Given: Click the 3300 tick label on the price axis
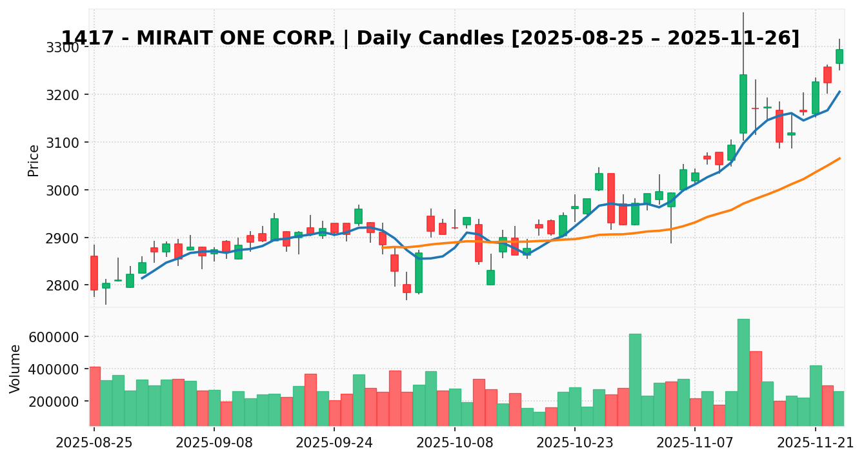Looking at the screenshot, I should click(62, 48).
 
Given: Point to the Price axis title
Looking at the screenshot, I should click(34, 160).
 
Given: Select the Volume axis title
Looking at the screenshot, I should click(15, 368).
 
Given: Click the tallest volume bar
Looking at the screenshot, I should click(743, 372).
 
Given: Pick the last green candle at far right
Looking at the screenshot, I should click(839, 56).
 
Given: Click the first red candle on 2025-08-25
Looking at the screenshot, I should click(94, 272).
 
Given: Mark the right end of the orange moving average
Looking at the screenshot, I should click(839, 158).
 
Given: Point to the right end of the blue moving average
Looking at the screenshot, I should click(839, 92).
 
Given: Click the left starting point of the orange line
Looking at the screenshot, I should click(383, 247).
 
